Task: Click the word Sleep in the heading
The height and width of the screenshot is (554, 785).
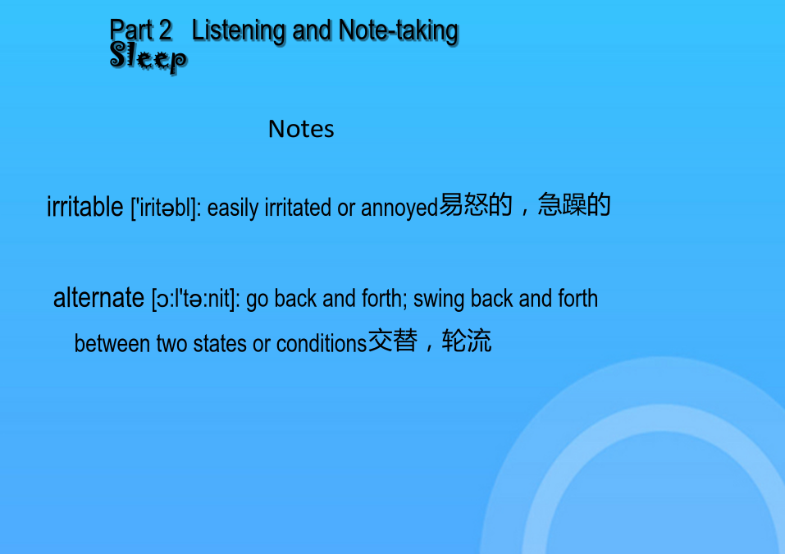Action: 148,57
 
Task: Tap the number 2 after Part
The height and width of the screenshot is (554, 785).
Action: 166,30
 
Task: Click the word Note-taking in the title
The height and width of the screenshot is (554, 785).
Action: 399,31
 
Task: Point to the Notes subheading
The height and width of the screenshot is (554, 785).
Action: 301,129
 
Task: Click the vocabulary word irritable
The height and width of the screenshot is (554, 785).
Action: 85,206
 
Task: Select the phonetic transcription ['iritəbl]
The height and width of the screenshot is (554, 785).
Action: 166,208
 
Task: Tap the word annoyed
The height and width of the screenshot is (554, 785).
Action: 399,208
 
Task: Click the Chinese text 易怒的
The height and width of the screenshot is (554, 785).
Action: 476,204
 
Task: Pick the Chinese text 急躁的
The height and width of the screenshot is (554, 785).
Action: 574,204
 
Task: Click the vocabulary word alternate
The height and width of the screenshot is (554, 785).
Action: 98,298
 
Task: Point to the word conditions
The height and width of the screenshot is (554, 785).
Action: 322,344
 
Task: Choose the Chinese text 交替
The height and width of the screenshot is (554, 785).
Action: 393,341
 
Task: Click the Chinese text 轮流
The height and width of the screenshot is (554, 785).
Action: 467,341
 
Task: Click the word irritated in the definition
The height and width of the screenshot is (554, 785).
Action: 298,208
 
